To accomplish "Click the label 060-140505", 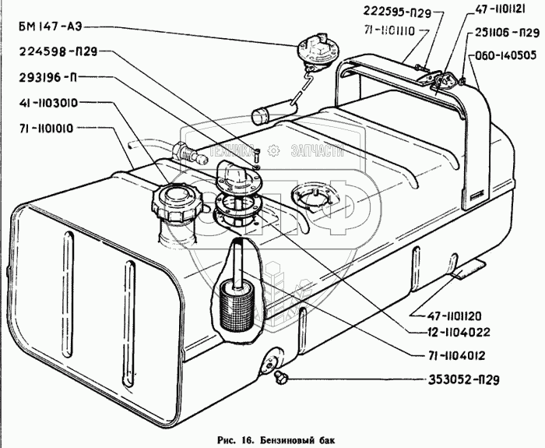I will point(506,55).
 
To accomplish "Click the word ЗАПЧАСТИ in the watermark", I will point(317,152).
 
